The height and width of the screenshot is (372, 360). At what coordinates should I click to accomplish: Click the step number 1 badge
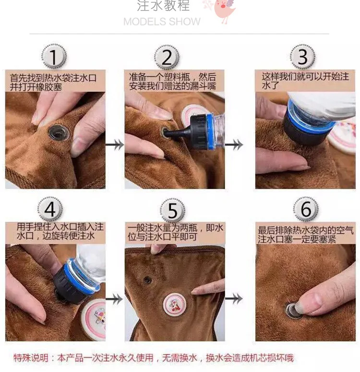(54, 57)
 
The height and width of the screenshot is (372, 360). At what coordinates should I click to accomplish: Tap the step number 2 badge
(167, 57)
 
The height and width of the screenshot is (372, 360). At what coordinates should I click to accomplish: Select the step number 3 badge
(302, 57)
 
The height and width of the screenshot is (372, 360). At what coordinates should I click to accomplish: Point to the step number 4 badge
(50, 209)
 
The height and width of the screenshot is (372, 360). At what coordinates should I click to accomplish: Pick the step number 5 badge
(172, 210)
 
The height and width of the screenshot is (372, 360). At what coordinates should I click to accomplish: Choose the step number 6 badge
(306, 209)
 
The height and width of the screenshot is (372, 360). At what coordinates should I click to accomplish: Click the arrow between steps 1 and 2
(115, 144)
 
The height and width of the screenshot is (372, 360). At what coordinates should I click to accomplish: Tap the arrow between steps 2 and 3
(234, 144)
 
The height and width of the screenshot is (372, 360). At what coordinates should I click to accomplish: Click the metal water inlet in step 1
(59, 132)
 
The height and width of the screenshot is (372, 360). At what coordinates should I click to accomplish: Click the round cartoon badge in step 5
(175, 305)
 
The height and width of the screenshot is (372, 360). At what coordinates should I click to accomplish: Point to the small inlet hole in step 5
(148, 280)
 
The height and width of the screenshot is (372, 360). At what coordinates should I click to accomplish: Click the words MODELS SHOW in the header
(162, 22)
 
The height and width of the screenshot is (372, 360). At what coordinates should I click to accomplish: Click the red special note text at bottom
(154, 358)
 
